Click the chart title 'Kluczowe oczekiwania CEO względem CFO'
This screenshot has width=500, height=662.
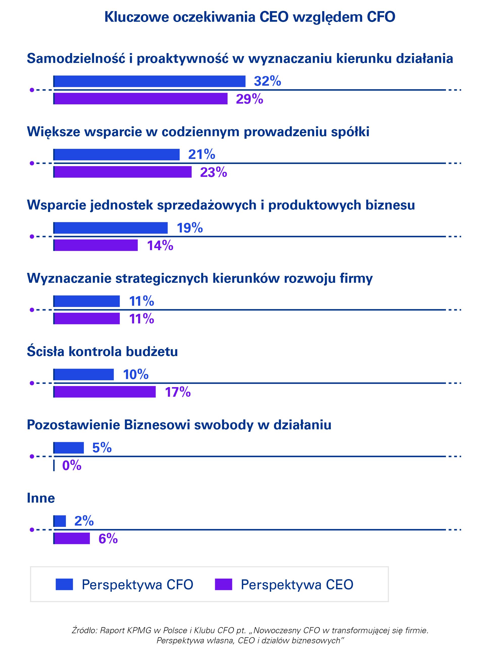coord(250,17)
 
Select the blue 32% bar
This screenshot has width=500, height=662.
coord(149,81)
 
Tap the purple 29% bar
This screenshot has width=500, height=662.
coord(140,99)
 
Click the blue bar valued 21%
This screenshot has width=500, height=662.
coord(116,155)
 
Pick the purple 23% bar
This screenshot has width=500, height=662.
coord(122,172)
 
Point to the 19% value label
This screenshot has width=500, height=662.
coord(190,228)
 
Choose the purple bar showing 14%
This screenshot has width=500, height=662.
coord(95,245)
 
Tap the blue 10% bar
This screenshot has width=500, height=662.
coord(83,375)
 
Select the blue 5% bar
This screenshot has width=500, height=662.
coord(68,448)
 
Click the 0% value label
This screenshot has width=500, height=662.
coord(72,465)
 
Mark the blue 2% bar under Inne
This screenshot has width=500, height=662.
coord(60,521)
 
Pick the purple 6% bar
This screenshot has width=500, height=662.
coord(71,539)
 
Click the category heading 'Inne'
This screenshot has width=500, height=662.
coord(41,498)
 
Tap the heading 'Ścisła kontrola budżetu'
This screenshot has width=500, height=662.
coord(102,352)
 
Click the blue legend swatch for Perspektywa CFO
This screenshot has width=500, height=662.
coord(64,584)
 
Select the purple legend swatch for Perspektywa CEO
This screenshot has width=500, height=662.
coord(223,584)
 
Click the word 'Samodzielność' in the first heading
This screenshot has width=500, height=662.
coord(76,58)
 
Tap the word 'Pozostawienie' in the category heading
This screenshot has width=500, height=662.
coord(73,425)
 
